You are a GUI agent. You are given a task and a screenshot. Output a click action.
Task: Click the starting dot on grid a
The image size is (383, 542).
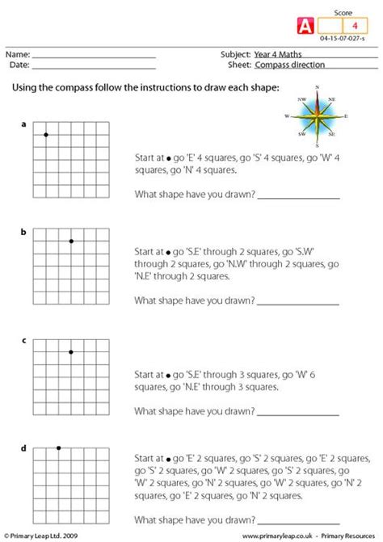tap(46, 134)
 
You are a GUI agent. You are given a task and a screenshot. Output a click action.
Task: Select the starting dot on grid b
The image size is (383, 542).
tap(71, 242)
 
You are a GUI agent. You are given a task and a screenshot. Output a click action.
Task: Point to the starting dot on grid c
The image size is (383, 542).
tap(71, 351)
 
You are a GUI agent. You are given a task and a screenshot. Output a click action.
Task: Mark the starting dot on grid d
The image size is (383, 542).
tap(58, 447)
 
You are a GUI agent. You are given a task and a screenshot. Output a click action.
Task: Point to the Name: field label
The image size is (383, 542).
tap(19, 54)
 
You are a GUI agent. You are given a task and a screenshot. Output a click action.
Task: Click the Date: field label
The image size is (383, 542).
tap(19, 65)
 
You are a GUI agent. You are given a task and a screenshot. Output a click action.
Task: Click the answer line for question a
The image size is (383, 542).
tap(298, 195)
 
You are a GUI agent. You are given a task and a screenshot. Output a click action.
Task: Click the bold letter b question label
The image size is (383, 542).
tap(23, 233)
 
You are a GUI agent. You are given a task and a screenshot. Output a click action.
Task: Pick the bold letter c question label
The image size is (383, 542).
tap(23, 340)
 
